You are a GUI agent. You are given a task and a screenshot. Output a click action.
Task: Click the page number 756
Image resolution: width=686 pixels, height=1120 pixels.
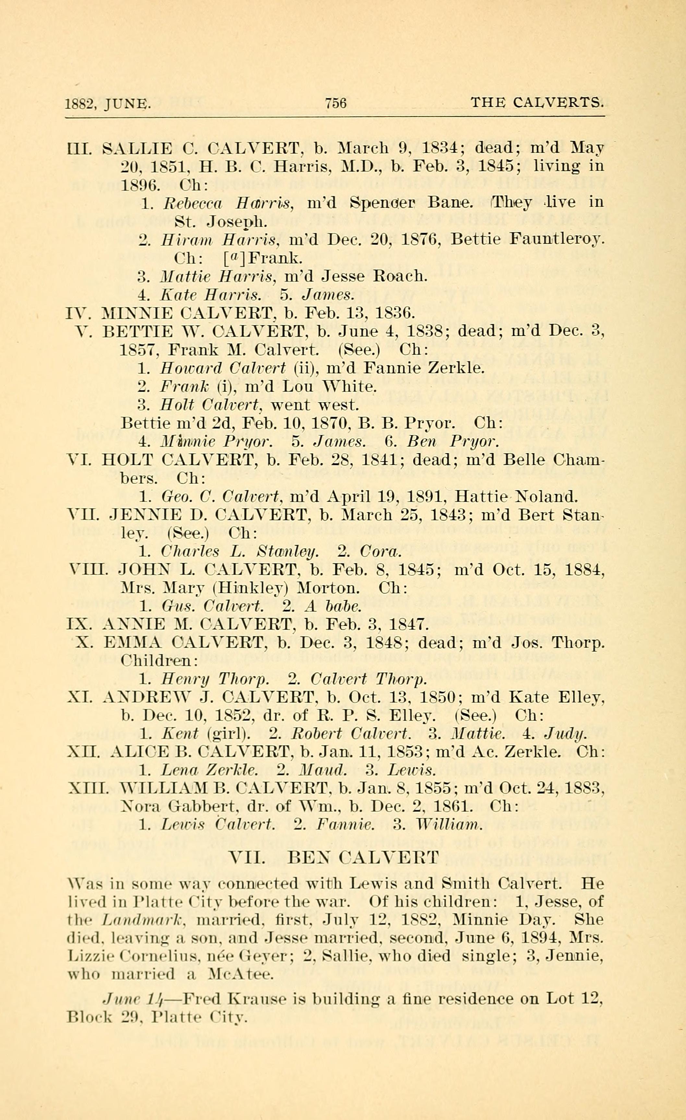[336, 103]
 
